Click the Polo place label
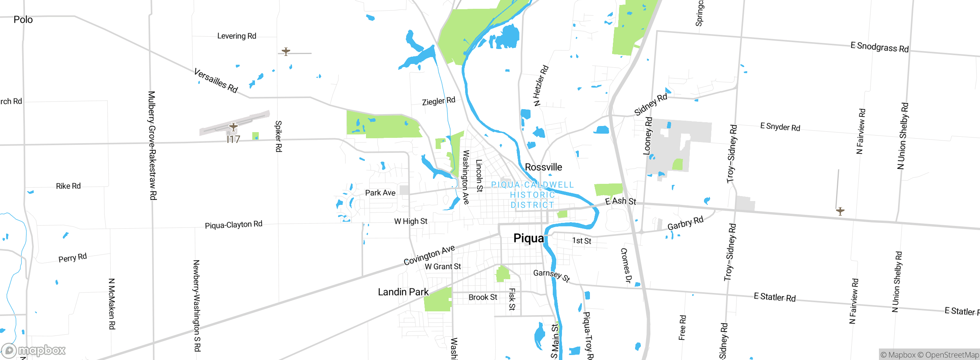pyautogui.click(x=23, y=20)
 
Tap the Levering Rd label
pyautogui.click(x=237, y=36)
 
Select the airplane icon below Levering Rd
pyautogui.click(x=286, y=51)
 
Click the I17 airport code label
pyautogui.click(x=233, y=139)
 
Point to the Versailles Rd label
pyautogui.click(x=216, y=81)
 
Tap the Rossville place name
pyautogui.click(x=543, y=167)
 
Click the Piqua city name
pyautogui.click(x=528, y=238)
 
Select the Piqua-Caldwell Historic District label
pyautogui.click(x=532, y=195)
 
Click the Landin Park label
pyautogui.click(x=403, y=292)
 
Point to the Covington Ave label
pyautogui.click(x=429, y=255)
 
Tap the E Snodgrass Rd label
pyautogui.click(x=879, y=47)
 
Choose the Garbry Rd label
pyautogui.click(x=685, y=223)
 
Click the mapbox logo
pyautogui.click(x=34, y=350)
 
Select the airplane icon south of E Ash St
pyautogui.click(x=840, y=211)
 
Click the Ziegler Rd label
pyautogui.click(x=438, y=101)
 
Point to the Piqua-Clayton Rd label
pyautogui.click(x=234, y=225)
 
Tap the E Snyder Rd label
pyautogui.click(x=780, y=127)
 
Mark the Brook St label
pyautogui.click(x=483, y=297)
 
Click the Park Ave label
pyautogui.click(x=380, y=193)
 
